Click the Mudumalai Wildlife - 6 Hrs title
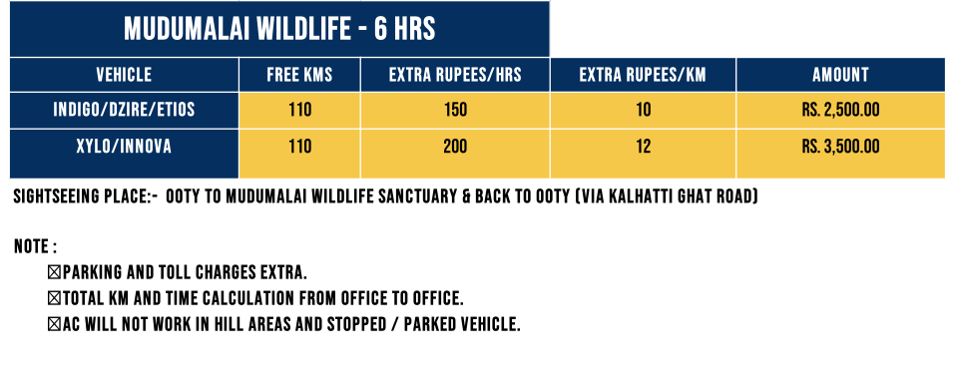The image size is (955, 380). [x=279, y=29]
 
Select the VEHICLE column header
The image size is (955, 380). [x=124, y=75]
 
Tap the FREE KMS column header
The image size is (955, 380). [x=299, y=75]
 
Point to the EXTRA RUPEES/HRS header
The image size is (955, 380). [x=455, y=75]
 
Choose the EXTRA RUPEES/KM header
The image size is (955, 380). [x=643, y=75]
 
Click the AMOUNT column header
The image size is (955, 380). [x=840, y=75]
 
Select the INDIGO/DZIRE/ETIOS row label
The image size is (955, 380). [x=124, y=110]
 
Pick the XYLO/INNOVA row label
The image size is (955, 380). [x=124, y=147]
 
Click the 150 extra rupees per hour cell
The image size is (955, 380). [x=455, y=110]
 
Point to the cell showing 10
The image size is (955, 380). [x=644, y=110]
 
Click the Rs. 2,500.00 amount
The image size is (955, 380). [x=840, y=110]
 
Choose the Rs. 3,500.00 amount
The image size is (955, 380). [x=840, y=147]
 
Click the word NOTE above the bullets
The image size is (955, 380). [x=32, y=246]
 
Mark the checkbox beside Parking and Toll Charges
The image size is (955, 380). [x=54, y=272]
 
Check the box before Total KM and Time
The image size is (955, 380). [x=54, y=298]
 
